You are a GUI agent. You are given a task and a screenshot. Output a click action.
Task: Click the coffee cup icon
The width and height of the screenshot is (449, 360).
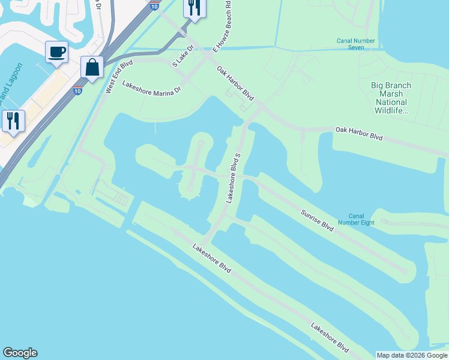(56, 52)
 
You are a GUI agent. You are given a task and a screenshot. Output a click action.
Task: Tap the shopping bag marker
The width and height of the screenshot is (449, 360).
(92, 67)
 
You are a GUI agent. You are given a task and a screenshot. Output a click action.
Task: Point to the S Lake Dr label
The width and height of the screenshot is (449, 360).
(183, 56)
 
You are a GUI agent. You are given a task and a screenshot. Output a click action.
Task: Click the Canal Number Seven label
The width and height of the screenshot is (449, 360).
(356, 44)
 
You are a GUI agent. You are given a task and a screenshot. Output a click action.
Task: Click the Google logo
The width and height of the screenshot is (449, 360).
(20, 353)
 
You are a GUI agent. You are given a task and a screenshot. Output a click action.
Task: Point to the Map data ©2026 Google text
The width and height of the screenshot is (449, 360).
(412, 355)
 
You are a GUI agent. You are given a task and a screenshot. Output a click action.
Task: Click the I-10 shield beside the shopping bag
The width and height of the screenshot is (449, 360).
(77, 91)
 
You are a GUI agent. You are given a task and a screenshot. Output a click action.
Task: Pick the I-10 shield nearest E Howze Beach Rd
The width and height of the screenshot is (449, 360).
(155, 5)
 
